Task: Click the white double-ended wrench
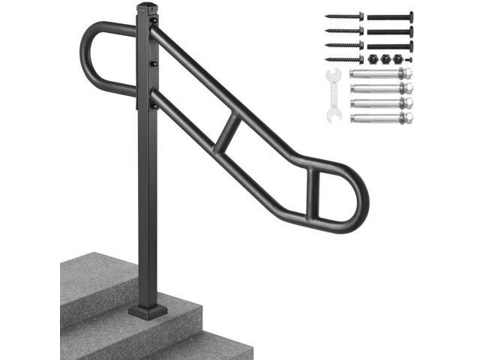pos(334,94)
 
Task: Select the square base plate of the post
pos(148,310)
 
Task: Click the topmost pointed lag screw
pos(344,16)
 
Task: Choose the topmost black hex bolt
pos(390,16)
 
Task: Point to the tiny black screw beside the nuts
pos(407,58)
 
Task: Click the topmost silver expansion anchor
pos(381,73)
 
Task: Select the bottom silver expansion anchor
pos(381,118)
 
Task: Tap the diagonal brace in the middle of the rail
pos(229,132)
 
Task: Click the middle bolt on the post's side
pos(154,64)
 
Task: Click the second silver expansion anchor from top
pos(381,88)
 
